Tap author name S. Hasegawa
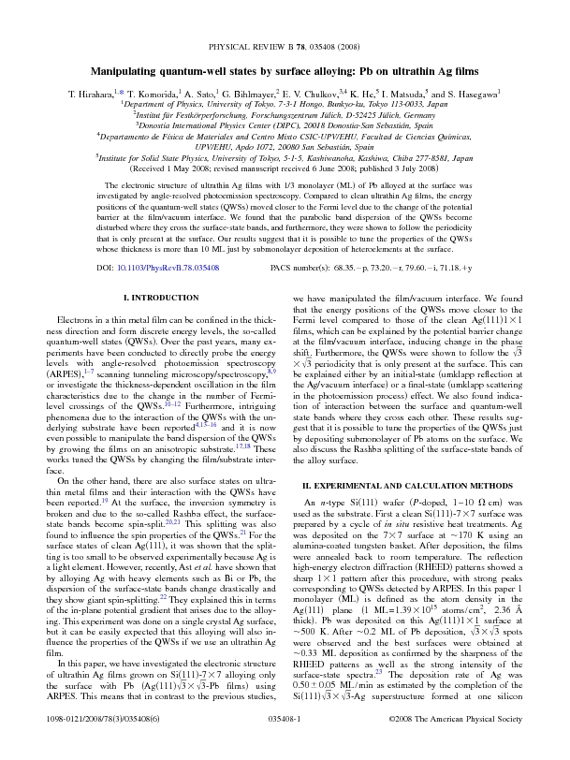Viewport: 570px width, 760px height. [474, 95]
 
